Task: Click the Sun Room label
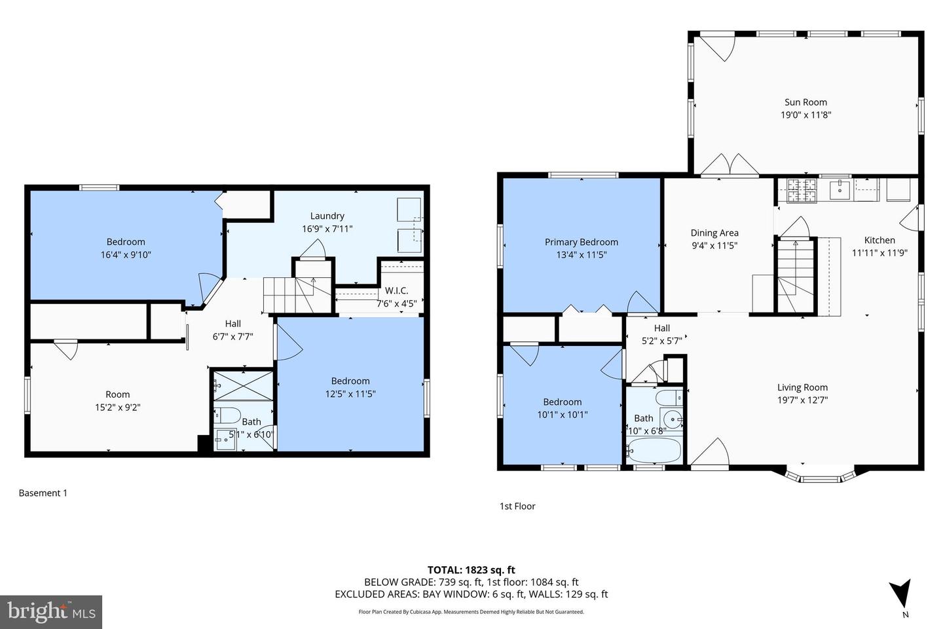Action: pos(805,102)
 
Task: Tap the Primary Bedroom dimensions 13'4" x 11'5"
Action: pos(581,255)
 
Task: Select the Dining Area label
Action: pos(714,233)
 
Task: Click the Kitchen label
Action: pos(879,240)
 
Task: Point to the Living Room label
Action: pos(802,387)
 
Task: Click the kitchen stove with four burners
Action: pos(802,190)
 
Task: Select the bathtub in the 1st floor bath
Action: pos(654,450)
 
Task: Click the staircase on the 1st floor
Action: pos(796,275)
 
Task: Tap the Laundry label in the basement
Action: pos(327,216)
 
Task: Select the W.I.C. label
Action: pos(396,290)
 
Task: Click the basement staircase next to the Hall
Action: pos(288,295)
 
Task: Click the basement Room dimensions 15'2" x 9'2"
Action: pos(118,407)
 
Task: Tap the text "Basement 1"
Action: pos(43,493)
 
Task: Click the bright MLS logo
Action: pos(50,612)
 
